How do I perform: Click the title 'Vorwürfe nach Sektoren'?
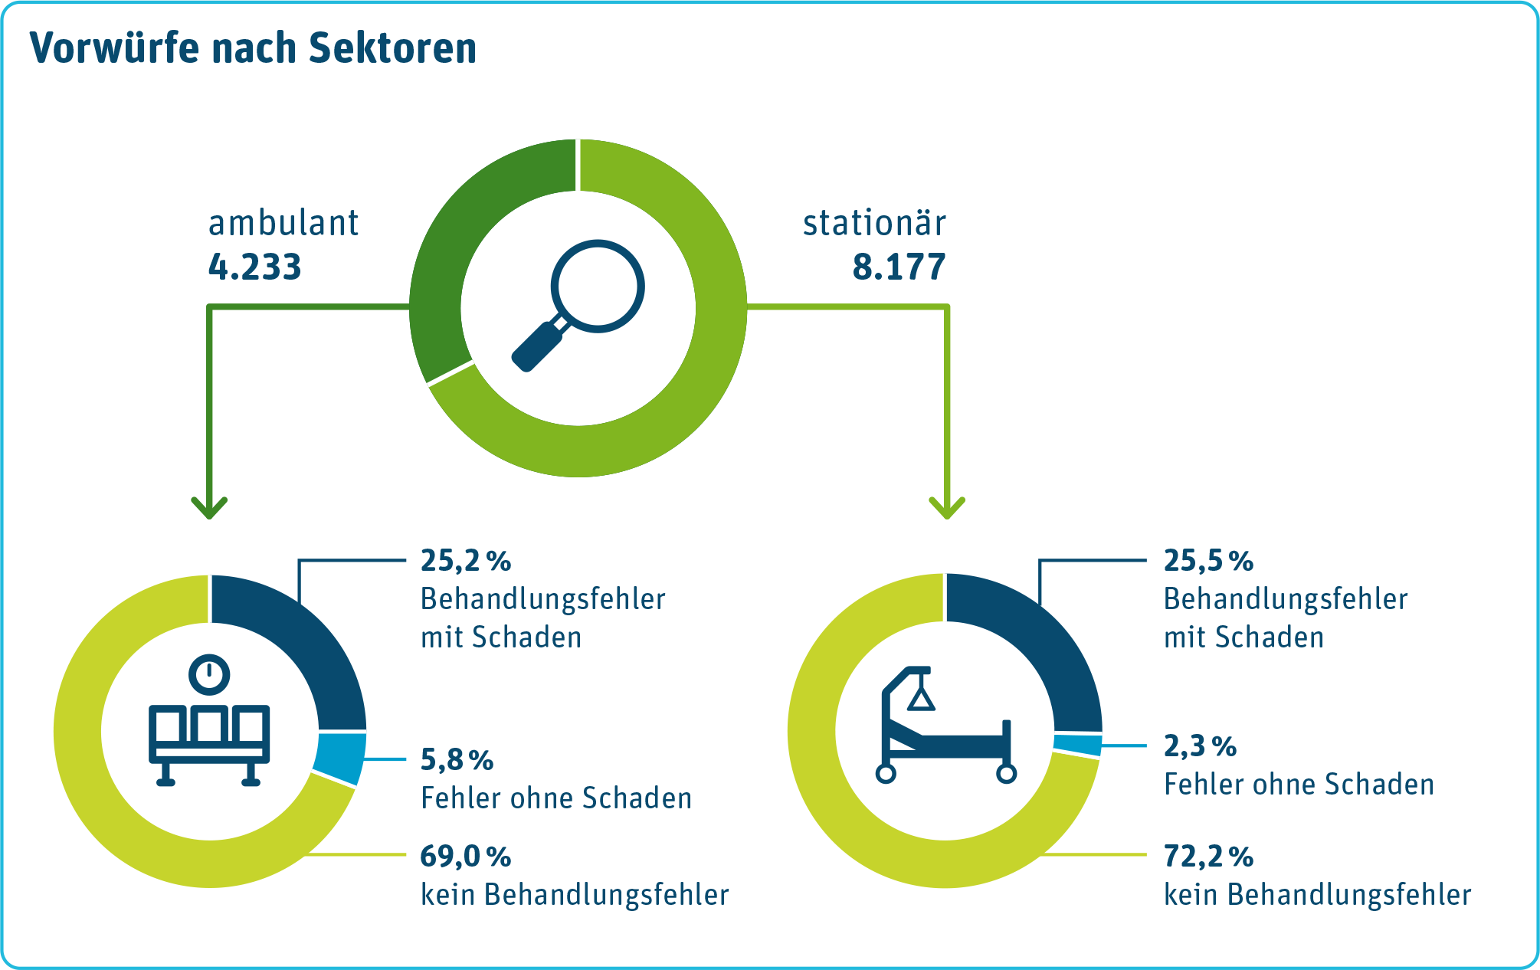[253, 48]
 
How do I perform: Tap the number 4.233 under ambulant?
[254, 267]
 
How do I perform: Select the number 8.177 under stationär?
[899, 267]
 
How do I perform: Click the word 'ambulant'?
[283, 224]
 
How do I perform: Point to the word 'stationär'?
[874, 224]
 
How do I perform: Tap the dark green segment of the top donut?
[460, 230]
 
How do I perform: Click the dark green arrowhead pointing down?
[209, 507]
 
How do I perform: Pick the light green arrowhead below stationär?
[947, 507]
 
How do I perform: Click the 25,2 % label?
[465, 561]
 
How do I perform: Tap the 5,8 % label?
[457, 760]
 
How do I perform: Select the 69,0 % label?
[465, 856]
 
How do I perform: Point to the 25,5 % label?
[1208, 561]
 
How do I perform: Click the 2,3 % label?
[1200, 746]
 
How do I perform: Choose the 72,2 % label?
[1208, 856]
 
